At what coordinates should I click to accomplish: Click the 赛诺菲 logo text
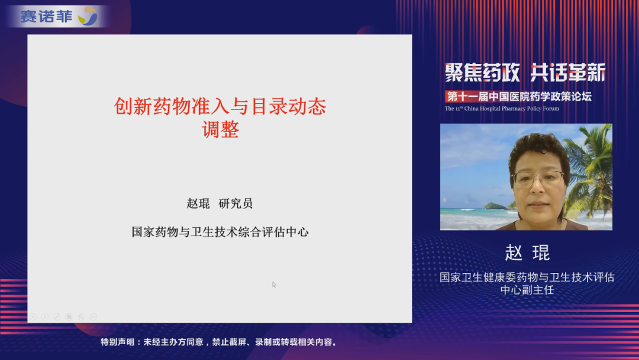point(46,17)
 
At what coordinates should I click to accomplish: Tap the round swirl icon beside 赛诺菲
point(88,17)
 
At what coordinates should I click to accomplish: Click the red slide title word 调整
point(220,130)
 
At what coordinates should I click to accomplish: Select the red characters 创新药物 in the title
point(153,107)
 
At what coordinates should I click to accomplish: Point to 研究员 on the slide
point(235,204)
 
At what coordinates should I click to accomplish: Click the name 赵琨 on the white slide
point(198,204)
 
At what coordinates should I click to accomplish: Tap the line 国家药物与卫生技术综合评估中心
point(220,232)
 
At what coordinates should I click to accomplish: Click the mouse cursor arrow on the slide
point(274,284)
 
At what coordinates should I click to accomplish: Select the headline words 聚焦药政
point(482,73)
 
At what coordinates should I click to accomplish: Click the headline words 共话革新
point(567,73)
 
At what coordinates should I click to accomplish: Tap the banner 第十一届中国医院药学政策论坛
point(519,97)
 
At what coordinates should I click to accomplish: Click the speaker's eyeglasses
point(538,179)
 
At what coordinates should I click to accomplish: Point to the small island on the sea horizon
point(496,206)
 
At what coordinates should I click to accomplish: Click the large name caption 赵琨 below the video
point(527,253)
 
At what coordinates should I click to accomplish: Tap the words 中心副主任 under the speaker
point(527,290)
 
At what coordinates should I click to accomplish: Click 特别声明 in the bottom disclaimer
point(117,342)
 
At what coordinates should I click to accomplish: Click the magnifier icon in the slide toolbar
point(81,317)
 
